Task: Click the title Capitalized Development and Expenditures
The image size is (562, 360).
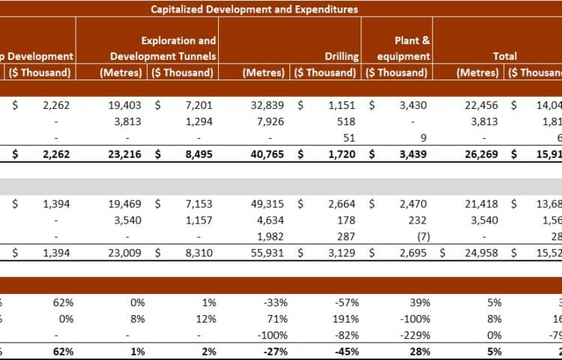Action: [x=254, y=9]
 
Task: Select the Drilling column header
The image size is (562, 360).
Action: [x=342, y=56]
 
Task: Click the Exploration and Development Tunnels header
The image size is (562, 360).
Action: [x=163, y=48]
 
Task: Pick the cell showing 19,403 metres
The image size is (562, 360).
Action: [x=124, y=106]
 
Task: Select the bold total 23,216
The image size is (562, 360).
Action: [x=123, y=154]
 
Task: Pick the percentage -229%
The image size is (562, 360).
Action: [x=417, y=335]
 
